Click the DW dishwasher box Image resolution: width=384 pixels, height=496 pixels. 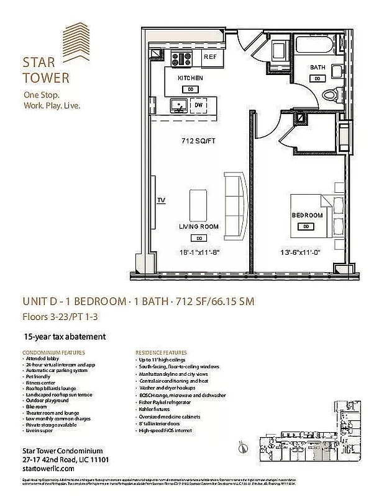coord(199,106)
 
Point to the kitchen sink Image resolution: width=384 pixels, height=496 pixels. coord(179,106)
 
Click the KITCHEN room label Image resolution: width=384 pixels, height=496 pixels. coord(190,79)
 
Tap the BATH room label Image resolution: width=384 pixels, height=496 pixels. coord(318,67)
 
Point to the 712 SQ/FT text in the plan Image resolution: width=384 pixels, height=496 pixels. coord(198,139)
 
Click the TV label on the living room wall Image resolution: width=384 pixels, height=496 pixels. coord(161,200)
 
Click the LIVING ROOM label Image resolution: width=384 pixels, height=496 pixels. coord(199,227)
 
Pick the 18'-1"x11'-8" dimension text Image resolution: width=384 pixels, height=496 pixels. coord(199,252)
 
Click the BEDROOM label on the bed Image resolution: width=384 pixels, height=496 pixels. coord(308,215)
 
